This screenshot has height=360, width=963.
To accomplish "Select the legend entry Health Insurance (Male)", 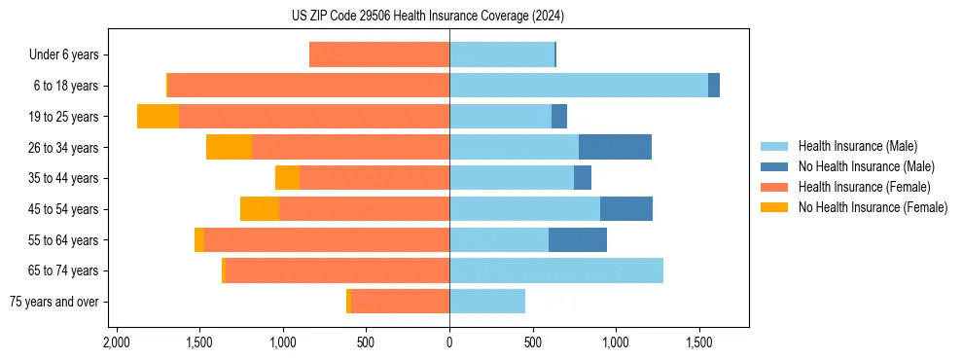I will (x=857, y=146).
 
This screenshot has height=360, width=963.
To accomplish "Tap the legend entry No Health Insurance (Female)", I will (x=873, y=207).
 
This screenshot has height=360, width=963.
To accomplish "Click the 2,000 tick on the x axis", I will (x=117, y=342).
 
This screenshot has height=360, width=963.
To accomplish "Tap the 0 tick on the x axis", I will (x=449, y=342).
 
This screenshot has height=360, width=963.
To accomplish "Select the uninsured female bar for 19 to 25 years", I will (x=158, y=117).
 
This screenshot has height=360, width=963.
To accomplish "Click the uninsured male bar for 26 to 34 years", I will (x=615, y=147).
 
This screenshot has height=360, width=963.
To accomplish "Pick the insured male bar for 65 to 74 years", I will (x=556, y=270).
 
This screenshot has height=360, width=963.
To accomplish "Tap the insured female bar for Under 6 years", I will (x=379, y=55).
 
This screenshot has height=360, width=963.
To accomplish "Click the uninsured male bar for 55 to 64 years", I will (x=578, y=239).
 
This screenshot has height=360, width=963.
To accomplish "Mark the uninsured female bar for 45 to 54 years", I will (x=260, y=209).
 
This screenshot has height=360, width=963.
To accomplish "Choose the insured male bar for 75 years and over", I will (x=487, y=302).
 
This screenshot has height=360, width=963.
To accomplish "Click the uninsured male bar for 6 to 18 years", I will (x=714, y=86).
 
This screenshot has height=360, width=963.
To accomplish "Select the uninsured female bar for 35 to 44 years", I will (x=287, y=178).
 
